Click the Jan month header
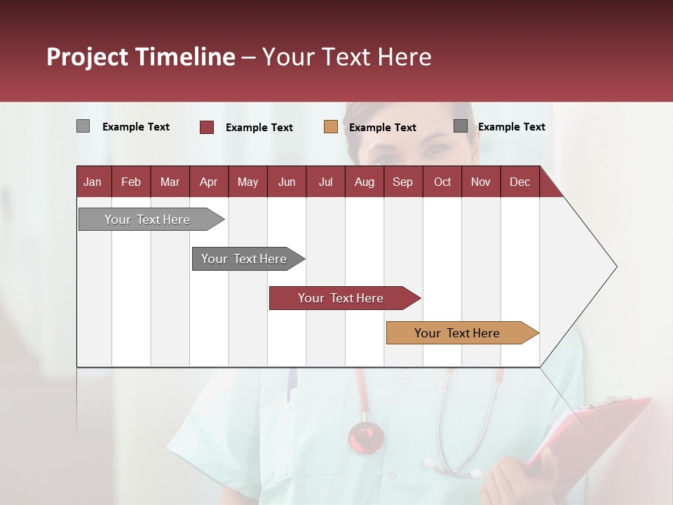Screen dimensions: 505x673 pos(93,182)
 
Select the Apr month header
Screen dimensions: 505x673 pos(208,182)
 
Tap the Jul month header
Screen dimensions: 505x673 pos(325,182)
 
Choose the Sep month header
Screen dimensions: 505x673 pos(402,182)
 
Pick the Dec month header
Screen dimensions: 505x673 pos(519,182)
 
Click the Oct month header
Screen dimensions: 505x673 pos(442,182)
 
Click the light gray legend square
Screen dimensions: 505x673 pos(83,126)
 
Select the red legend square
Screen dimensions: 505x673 pos(207,127)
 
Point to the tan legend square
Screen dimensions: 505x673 pos(331,127)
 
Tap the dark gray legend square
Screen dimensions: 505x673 pos(461,126)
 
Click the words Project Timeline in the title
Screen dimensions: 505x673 pos(140,57)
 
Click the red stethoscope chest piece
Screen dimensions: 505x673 pos(366,436)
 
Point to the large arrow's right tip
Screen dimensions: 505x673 pos(616,267)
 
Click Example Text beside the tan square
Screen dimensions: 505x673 pos(382,128)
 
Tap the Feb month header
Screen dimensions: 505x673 pos(131,182)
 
